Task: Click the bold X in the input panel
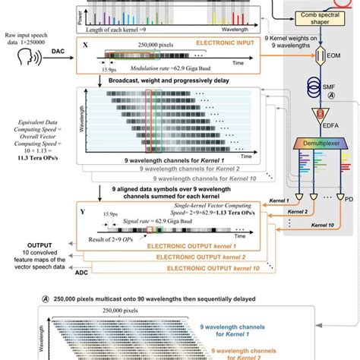[84, 46]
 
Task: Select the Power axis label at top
[77, 13]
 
